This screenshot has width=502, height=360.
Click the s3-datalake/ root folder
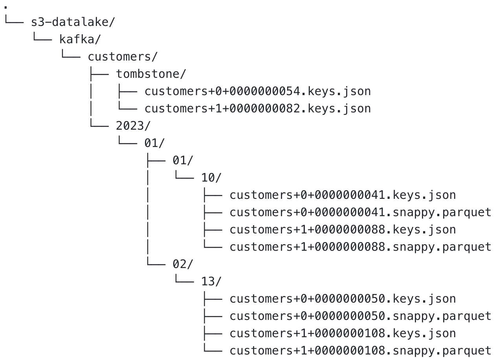pos(73,22)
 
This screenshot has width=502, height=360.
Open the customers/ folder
pos(122,57)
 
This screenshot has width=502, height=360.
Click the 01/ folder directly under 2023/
pos(154,143)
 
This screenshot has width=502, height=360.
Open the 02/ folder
pos(183,264)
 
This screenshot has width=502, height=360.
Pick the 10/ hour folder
pos(211,177)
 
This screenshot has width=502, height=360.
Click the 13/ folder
pos(211,281)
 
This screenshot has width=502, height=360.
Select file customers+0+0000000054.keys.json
pos(258,91)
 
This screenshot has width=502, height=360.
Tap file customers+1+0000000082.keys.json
pos(258,108)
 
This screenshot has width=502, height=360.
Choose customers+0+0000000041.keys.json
pos(343,195)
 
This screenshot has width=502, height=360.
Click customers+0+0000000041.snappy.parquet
pos(360,212)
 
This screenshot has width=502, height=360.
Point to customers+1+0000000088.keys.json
pos(343,229)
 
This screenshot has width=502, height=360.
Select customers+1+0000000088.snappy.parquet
pos(360,246)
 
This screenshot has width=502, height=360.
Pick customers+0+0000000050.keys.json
pos(343,298)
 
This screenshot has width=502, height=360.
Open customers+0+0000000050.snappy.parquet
pos(360,316)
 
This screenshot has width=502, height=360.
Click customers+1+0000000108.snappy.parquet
pos(360,350)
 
